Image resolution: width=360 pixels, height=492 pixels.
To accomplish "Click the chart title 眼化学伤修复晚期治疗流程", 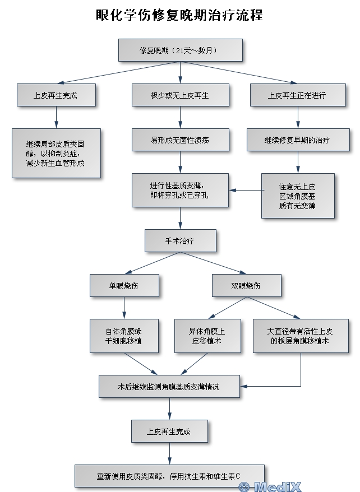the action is pos(179,15).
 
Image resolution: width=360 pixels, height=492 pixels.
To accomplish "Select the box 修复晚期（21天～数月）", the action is pos(181,50).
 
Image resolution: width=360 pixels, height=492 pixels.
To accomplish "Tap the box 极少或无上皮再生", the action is pos(181,95).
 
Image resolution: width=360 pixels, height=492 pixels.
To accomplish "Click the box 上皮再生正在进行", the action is pos(298,95).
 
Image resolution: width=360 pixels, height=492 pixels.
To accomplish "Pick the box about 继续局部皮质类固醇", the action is pos(57,153).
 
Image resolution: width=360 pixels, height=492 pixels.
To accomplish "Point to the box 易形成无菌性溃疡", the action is pos(181,140).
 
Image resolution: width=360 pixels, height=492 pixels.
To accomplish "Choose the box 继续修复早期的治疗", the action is pos(298,140).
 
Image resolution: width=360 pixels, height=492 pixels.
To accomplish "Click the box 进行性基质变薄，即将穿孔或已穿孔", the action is pos(180,190).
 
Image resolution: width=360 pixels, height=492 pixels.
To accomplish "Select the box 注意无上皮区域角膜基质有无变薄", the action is pos(298,196).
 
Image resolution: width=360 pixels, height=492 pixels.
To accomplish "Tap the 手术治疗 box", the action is pos(181,240).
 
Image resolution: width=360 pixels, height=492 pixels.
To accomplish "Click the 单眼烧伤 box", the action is pos(124,286).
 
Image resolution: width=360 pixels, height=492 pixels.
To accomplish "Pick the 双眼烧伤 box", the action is pos(247,286).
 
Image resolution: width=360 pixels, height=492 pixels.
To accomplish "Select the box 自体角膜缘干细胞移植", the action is pos(124,336).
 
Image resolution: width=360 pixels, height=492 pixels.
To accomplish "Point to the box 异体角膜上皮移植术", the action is pos(208,336).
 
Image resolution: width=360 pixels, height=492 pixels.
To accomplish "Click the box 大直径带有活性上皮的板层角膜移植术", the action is pos(301,336).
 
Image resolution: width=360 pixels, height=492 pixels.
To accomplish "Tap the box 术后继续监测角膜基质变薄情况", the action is pos(169,387).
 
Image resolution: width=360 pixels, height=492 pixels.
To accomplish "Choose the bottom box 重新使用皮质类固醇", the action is pos(169,476).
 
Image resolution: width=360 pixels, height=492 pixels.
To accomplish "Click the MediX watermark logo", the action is pos(270,486).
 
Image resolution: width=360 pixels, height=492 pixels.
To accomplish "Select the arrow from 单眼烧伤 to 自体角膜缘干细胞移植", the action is pos(124,308).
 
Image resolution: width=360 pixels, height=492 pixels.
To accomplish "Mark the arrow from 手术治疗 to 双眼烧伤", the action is pos(214,263).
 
